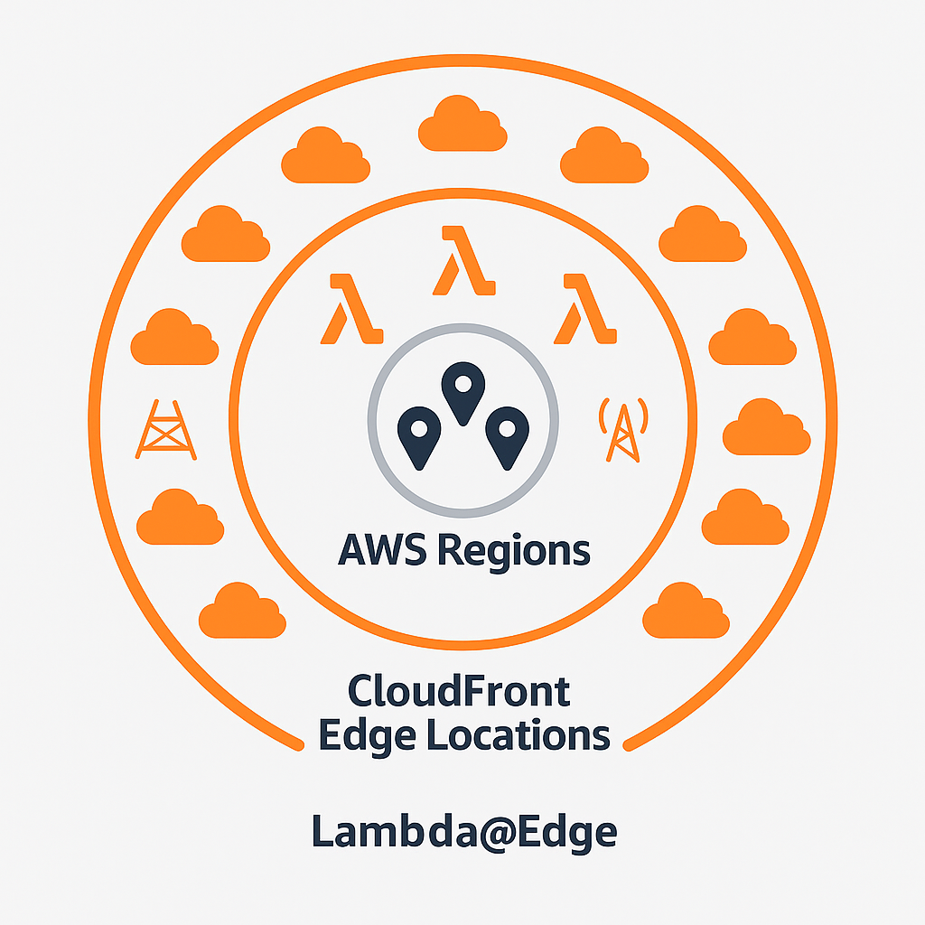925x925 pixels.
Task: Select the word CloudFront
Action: pyautogui.click(x=459, y=692)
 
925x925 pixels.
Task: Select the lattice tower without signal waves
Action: pyautogui.click(x=166, y=428)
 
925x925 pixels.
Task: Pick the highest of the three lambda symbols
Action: pyautogui.click(x=462, y=261)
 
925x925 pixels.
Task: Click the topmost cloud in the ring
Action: pyautogui.click(x=462, y=124)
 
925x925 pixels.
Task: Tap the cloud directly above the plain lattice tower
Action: pyautogui.click(x=174, y=338)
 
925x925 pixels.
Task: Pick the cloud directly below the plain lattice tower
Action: pyautogui.click(x=180, y=518)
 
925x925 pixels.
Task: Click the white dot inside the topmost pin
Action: pyautogui.click(x=462, y=384)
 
